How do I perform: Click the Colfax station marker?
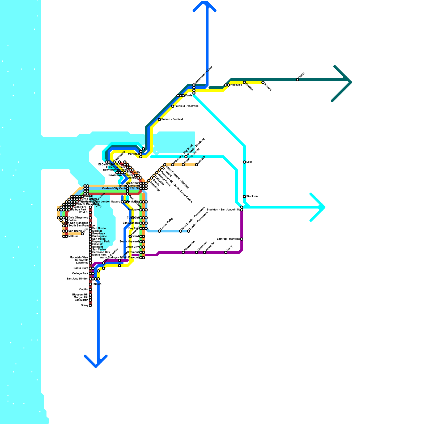(x=297, y=80)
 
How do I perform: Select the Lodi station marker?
(x=244, y=162)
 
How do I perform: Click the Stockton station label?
(x=252, y=197)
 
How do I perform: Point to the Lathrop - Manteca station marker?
(x=242, y=239)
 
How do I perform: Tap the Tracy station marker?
(x=226, y=252)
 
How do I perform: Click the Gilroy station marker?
(x=90, y=305)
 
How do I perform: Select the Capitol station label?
(x=84, y=290)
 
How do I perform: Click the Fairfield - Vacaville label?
(x=186, y=106)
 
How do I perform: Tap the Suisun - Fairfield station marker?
(x=159, y=120)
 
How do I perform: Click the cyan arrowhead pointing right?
(x=320, y=207)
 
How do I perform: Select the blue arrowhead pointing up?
(x=205, y=6)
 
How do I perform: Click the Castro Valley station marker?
(x=159, y=231)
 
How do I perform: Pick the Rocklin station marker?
(x=244, y=82)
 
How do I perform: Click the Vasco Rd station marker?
(x=205, y=252)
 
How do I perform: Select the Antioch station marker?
(x=197, y=165)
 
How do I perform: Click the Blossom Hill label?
(x=80, y=295)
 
